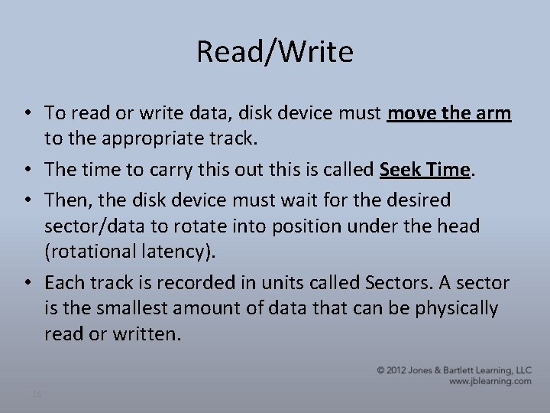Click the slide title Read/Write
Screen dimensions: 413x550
coord(275,52)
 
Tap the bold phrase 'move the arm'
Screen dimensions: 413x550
coord(449,113)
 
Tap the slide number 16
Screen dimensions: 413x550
coord(37,394)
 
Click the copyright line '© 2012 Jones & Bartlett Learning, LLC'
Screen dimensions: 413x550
coord(454,369)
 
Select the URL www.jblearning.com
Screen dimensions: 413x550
coord(490,380)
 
